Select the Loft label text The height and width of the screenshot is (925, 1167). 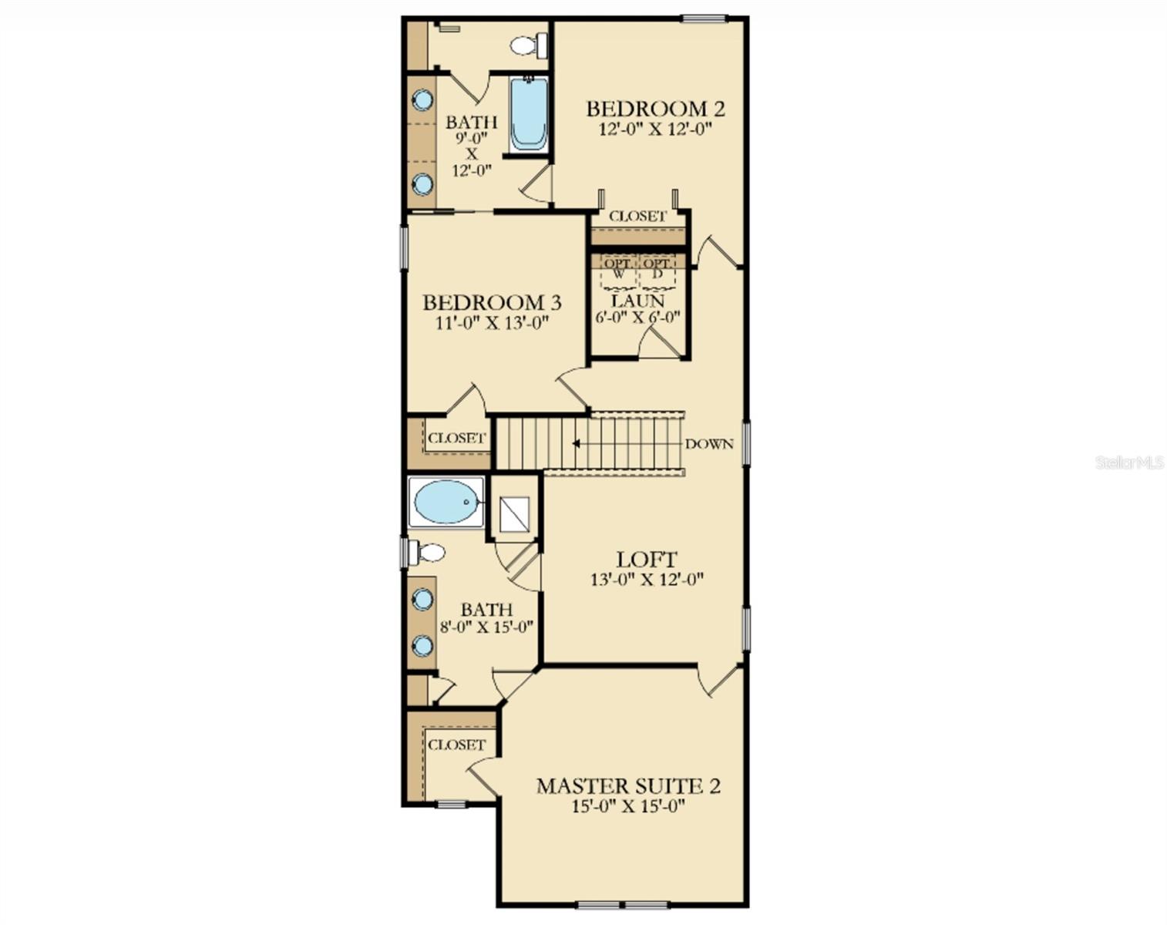[x=647, y=560]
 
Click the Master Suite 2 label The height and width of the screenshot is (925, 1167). [x=628, y=786]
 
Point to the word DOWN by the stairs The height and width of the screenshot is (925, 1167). [x=709, y=444]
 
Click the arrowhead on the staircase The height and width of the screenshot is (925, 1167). [x=576, y=443]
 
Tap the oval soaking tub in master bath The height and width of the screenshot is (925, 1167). [x=446, y=502]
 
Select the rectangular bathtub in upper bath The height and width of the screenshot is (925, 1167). [x=529, y=114]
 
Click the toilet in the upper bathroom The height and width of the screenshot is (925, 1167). [x=526, y=45]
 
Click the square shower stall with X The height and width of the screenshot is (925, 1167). [x=514, y=515]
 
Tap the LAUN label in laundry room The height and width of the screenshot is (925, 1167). [x=637, y=301]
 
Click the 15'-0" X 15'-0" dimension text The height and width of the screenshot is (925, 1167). [x=628, y=806]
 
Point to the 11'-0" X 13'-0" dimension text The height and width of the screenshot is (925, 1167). [x=491, y=322]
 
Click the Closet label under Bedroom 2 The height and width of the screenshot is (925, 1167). [x=637, y=217]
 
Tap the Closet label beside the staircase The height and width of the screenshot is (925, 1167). [x=457, y=438]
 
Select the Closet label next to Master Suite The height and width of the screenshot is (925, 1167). [x=456, y=745]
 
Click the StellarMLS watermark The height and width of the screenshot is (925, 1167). [x=1129, y=462]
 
